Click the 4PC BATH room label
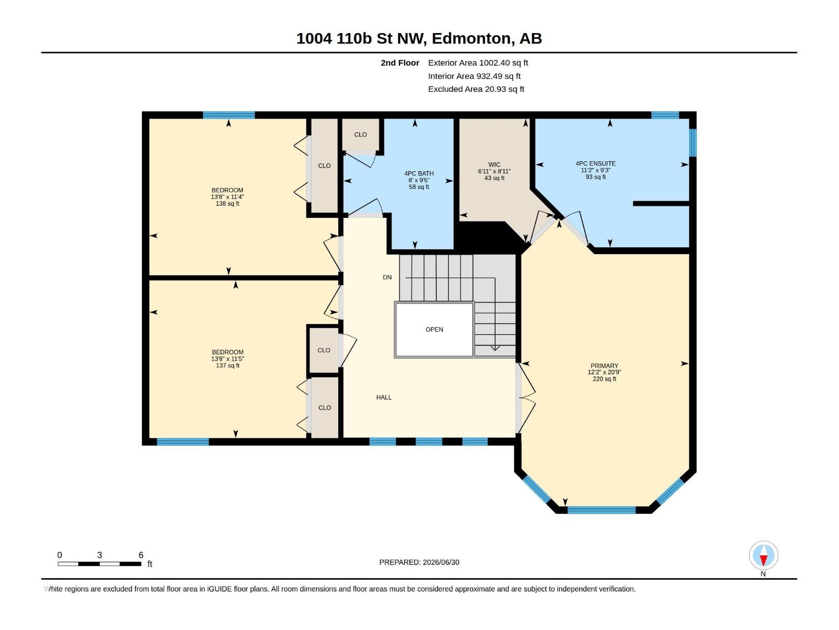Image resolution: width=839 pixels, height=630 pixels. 419,173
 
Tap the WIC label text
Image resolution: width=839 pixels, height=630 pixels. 494,164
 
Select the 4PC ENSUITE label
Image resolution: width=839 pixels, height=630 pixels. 596,163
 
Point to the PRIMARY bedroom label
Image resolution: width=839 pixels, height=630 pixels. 604,366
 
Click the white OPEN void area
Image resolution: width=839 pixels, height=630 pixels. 434,329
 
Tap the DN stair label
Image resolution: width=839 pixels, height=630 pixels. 387,277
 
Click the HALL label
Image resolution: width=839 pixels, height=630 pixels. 384,397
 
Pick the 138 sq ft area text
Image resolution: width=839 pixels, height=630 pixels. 228,204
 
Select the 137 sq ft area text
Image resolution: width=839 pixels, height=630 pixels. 228,365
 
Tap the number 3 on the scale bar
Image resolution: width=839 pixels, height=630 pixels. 100,555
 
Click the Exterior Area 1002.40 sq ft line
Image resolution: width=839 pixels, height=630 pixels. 478,62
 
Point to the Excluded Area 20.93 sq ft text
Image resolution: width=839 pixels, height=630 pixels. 476,89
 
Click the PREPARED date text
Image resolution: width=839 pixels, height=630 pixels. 419,562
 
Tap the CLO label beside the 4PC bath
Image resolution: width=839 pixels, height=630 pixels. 360,134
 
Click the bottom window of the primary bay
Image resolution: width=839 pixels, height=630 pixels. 601,509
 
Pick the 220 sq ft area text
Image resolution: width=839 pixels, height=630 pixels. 604,379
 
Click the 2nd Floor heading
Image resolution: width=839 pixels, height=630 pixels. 400,62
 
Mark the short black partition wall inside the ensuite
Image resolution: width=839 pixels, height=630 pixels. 661,204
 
